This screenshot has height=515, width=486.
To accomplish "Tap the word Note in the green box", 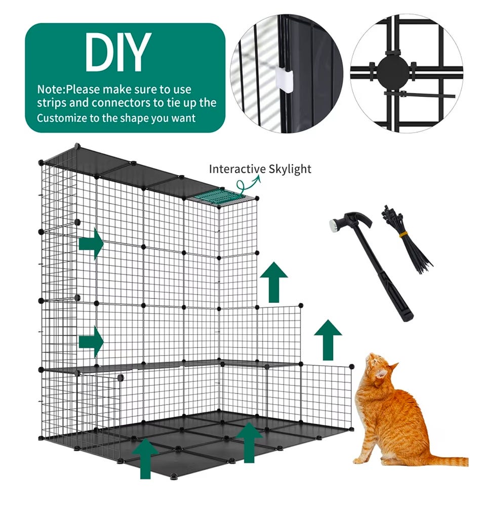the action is (50, 89).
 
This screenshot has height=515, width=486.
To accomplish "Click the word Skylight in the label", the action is (290, 170).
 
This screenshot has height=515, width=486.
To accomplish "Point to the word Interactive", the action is (237, 169).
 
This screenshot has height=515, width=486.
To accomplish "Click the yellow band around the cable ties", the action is (403, 234).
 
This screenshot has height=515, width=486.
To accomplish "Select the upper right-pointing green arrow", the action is (91, 244).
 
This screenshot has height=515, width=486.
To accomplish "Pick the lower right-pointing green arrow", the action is (91, 342).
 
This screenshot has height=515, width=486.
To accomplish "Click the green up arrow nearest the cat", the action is (328, 340).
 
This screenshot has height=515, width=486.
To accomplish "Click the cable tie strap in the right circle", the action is (420, 95).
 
